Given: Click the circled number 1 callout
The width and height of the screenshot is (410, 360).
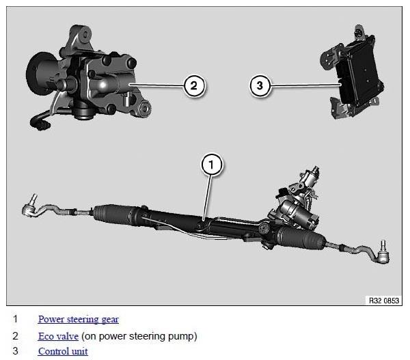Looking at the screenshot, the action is point(211,165).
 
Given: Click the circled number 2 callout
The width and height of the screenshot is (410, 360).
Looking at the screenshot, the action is point(194,85).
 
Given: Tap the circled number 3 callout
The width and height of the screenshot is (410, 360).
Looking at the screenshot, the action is point(260,85).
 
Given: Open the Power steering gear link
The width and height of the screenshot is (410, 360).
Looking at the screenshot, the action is point(79,319).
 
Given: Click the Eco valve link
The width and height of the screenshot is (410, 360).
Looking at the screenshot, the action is point(58,336).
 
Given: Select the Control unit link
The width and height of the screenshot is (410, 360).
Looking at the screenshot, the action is point(63,351).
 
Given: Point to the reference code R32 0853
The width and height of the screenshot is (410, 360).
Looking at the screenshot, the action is point(384,301).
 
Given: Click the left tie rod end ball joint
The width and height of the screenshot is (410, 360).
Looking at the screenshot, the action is point(29,208).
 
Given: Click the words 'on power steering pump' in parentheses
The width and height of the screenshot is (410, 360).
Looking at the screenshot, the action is point(139,336).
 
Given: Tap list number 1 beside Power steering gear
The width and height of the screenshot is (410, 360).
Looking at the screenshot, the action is point(15,319).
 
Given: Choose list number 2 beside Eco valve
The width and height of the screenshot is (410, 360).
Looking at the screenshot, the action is point(15,336).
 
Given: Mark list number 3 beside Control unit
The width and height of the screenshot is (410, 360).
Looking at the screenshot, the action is point(15,351).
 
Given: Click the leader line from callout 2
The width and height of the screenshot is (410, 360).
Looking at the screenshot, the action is point(156,85).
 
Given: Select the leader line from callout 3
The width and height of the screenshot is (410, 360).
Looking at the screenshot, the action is point(305,85).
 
